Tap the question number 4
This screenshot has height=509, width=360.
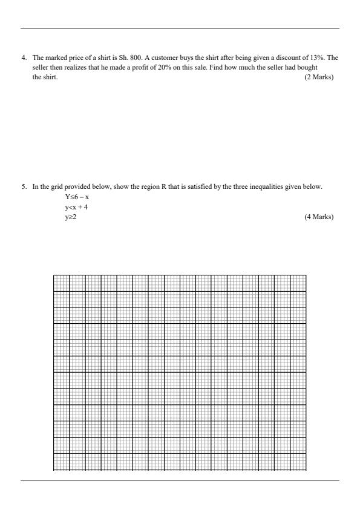[24, 57]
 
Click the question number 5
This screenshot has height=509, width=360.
[24, 186]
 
